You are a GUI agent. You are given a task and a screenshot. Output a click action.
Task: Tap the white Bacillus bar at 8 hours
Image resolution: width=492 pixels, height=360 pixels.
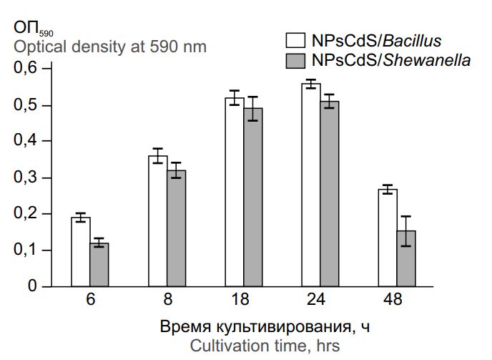pos(157,221)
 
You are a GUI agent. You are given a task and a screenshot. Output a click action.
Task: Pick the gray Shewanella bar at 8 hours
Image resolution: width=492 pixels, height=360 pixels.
pos(176,228)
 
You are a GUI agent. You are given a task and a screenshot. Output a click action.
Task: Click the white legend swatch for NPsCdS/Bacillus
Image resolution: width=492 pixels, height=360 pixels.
pos(293,39)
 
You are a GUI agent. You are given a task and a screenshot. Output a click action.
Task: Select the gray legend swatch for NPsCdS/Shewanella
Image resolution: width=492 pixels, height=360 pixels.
pos(293,61)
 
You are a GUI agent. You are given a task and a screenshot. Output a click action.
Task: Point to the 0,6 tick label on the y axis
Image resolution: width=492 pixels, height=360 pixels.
pos(24,69)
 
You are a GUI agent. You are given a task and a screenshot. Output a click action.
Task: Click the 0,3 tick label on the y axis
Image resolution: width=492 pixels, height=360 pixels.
pos(24,177)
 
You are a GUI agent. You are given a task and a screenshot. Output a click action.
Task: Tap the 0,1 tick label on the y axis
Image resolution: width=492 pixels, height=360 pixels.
pos(24,250)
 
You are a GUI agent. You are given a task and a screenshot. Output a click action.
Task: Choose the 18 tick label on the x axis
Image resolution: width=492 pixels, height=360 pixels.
pos(243,300)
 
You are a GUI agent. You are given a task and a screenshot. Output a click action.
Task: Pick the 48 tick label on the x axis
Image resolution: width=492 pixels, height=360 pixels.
pos(397,300)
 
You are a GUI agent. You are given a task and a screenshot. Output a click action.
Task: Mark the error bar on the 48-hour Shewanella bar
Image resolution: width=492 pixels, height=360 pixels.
pos(406,230)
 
